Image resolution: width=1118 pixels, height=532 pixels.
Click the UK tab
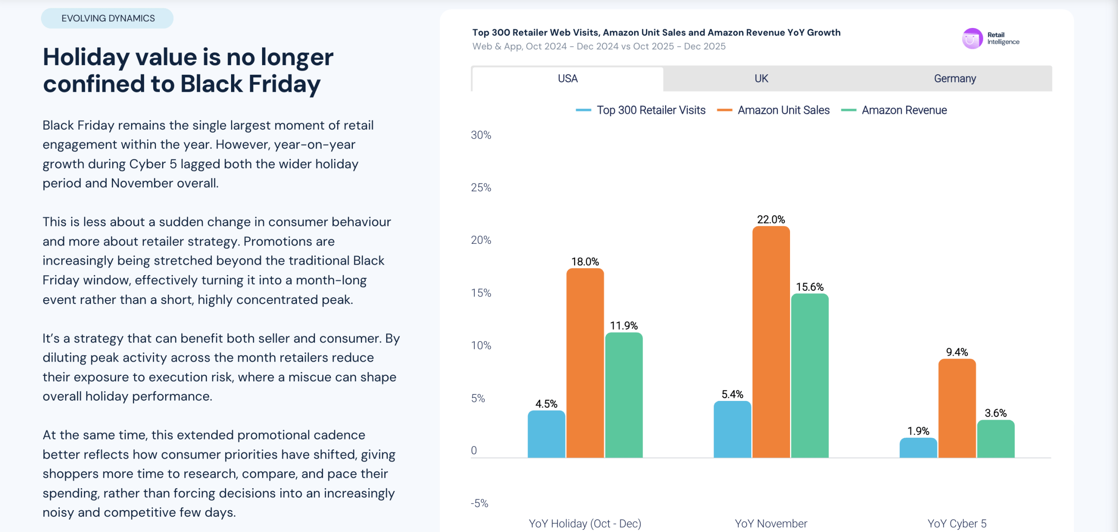coord(761,79)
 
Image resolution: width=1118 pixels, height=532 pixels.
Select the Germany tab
coord(955,79)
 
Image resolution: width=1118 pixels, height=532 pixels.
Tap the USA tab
coord(568,79)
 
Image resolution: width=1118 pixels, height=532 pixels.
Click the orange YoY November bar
coord(771,342)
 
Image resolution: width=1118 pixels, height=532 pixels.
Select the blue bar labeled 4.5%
coord(546,434)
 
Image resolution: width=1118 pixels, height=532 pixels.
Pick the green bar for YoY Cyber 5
coord(996,439)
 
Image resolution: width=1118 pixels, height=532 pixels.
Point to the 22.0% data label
coord(771,219)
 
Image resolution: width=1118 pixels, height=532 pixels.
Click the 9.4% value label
coord(957,352)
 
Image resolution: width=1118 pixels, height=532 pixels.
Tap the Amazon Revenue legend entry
coord(894,110)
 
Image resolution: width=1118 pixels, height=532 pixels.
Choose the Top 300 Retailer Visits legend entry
coord(641,110)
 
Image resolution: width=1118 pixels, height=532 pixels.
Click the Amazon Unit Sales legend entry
coord(773,110)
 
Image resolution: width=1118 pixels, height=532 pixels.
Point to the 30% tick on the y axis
coord(481,135)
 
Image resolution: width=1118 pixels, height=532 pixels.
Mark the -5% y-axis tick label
coord(480,503)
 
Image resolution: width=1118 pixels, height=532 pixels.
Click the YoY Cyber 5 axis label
coord(957,523)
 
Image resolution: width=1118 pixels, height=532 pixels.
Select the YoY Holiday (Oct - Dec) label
coord(585,523)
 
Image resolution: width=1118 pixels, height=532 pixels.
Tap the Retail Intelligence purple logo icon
coord(972,39)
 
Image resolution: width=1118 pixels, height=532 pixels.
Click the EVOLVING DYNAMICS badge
coord(107,18)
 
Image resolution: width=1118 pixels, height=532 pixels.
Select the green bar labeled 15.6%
coord(810,376)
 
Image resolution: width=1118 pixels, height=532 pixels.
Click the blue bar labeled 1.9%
coord(918,448)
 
